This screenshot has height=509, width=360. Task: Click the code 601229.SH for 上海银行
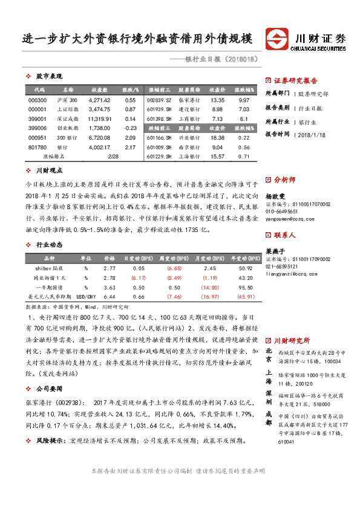[159, 157]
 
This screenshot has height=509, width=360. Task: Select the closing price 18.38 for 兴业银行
[217, 138]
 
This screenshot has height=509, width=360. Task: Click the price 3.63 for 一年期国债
[110, 270]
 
